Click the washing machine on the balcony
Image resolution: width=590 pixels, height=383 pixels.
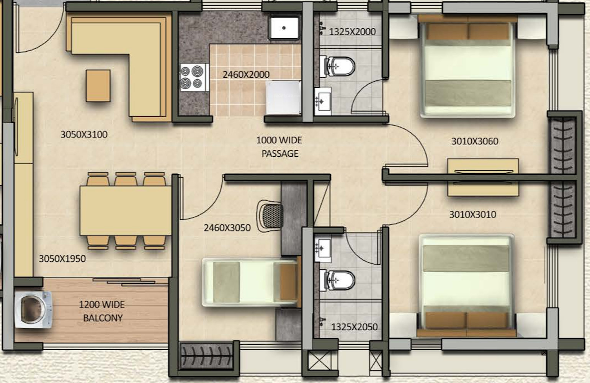click(33, 309)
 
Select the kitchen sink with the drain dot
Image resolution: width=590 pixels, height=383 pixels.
click(284, 28)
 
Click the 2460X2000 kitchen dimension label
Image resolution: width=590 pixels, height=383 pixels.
click(246, 75)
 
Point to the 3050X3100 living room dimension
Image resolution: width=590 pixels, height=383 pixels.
click(84, 134)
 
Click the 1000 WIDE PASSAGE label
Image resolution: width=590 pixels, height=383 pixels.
click(279, 147)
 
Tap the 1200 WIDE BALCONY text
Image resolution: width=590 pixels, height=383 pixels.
click(102, 311)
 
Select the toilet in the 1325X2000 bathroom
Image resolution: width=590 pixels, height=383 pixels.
click(340, 66)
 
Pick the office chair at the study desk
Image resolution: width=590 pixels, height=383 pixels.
click(271, 216)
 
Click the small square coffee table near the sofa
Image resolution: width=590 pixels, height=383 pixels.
click(98, 86)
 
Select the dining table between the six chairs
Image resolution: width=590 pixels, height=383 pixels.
click(126, 211)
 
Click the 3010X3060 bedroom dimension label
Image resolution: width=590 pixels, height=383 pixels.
click(475, 141)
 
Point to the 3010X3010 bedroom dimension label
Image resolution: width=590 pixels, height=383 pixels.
click(472, 214)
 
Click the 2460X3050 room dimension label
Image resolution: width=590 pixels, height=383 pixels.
click(227, 228)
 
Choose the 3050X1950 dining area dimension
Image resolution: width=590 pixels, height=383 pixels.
click(62, 259)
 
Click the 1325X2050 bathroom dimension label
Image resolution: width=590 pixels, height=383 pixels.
click(354, 327)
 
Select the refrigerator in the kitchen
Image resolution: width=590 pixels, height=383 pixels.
click(283, 97)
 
